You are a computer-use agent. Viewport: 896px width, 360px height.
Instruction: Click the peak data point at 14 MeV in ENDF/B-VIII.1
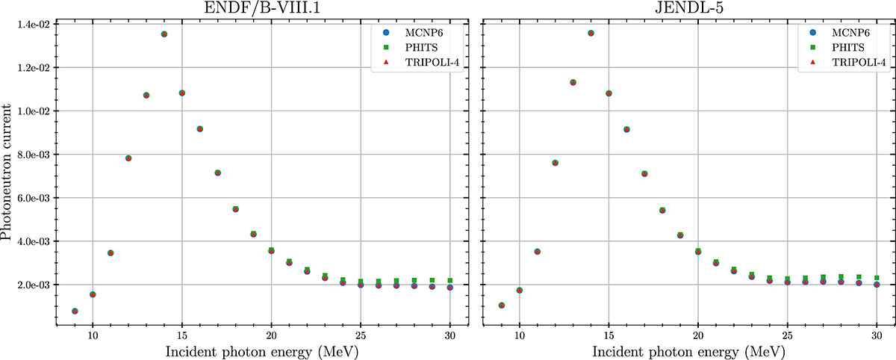point(164,34)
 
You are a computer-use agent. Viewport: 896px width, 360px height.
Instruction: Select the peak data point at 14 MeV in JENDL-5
point(591,33)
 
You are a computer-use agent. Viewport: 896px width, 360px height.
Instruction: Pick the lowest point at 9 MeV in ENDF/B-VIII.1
point(75,311)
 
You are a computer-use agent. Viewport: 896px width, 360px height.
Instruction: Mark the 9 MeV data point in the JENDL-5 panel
point(502,305)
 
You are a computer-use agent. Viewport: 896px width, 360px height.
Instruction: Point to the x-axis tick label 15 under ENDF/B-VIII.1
point(182,336)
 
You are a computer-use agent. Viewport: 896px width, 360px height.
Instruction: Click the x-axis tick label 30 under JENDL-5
point(877,336)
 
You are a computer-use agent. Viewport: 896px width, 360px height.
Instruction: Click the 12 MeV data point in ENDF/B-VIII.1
point(128,158)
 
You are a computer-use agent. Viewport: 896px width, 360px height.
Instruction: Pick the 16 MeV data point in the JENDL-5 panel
point(626,129)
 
